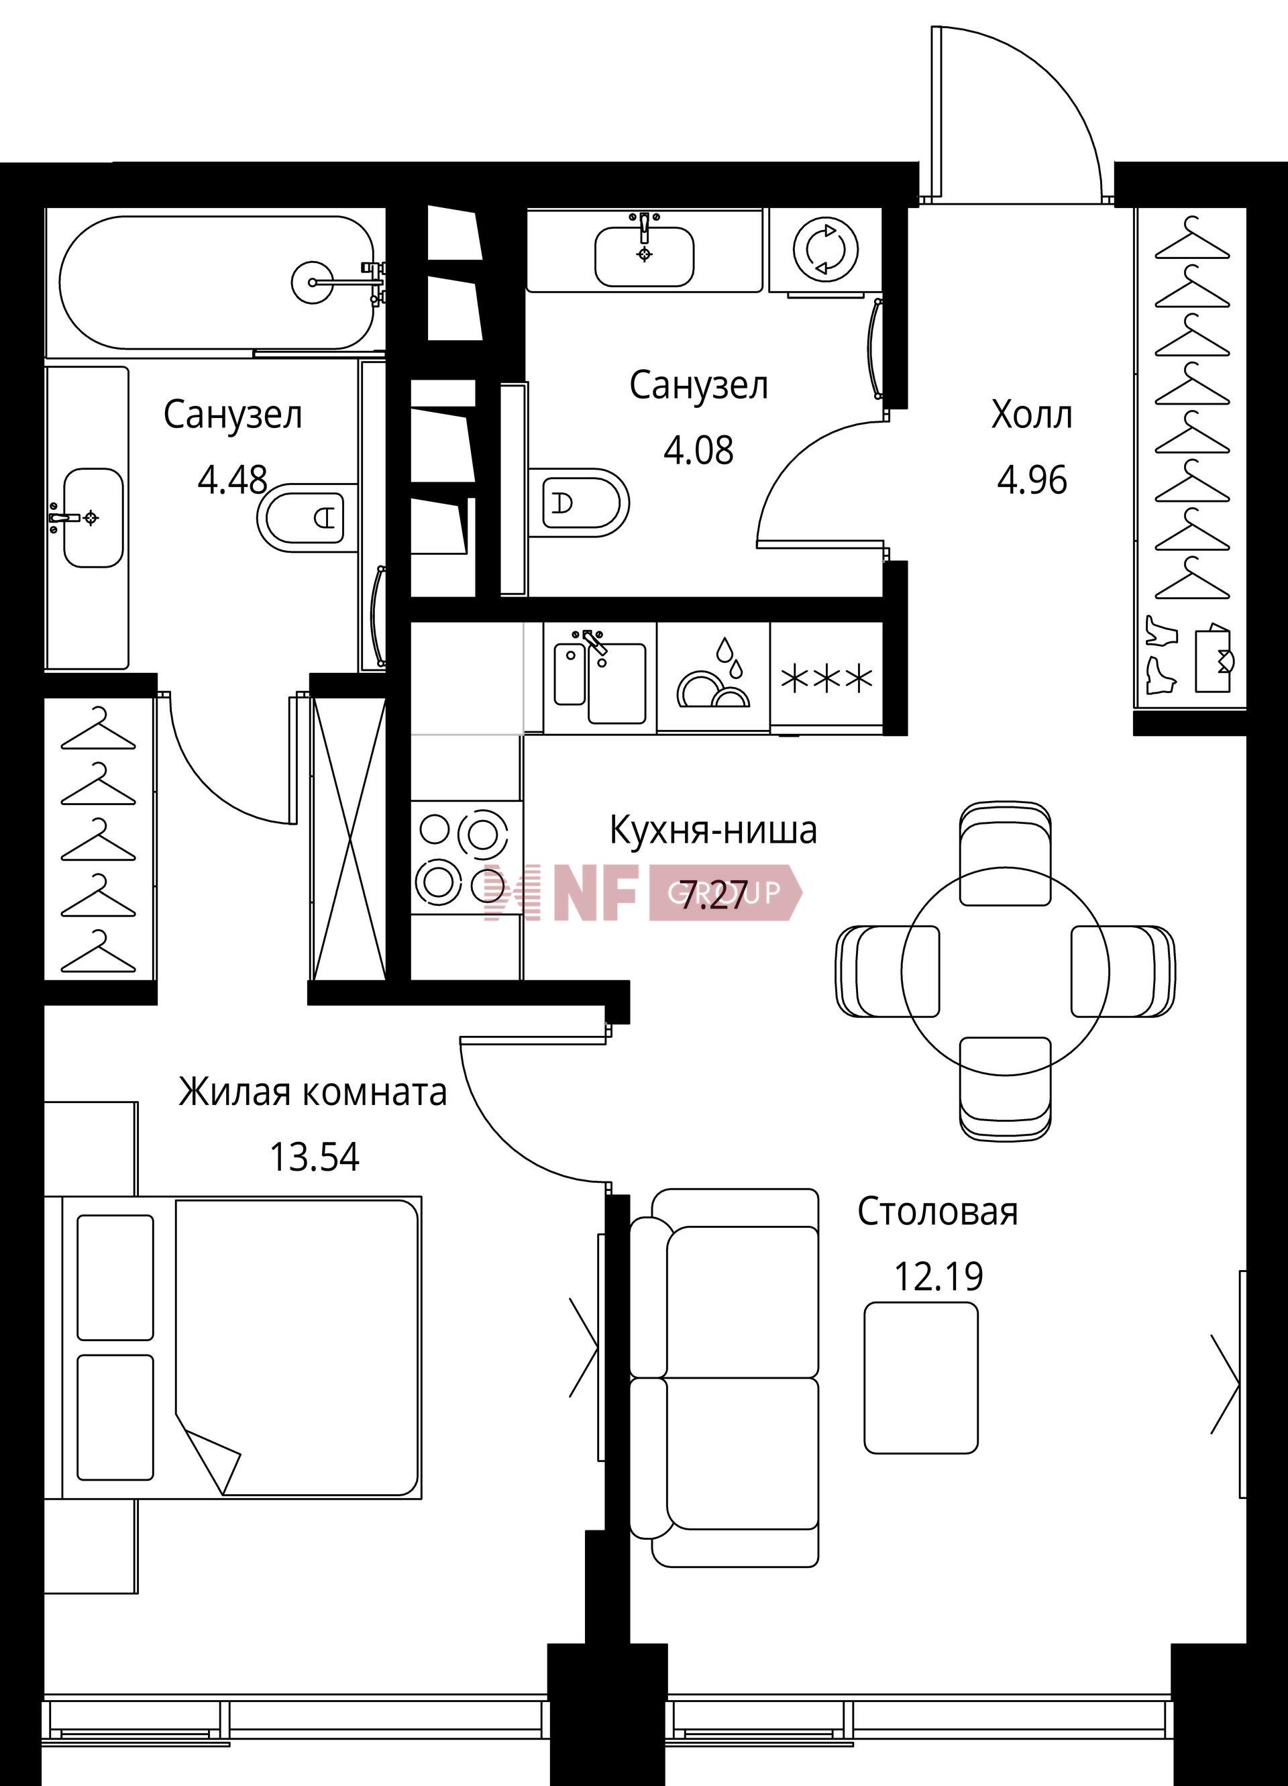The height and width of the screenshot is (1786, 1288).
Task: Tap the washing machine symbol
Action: point(825,250)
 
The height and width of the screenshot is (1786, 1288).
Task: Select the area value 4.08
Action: point(698,450)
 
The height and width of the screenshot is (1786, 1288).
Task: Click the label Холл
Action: point(1031,414)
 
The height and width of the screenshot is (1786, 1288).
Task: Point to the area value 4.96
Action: point(1032,480)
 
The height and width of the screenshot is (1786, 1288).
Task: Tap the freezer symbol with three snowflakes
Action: point(826,677)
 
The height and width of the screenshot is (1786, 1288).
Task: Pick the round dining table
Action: point(1006,971)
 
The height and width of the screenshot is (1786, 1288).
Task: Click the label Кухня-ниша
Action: point(713,831)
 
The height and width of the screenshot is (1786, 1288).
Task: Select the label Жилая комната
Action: point(313,1092)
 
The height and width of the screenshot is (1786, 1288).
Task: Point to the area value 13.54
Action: point(314,1157)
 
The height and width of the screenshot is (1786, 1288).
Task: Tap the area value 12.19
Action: point(938,1277)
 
